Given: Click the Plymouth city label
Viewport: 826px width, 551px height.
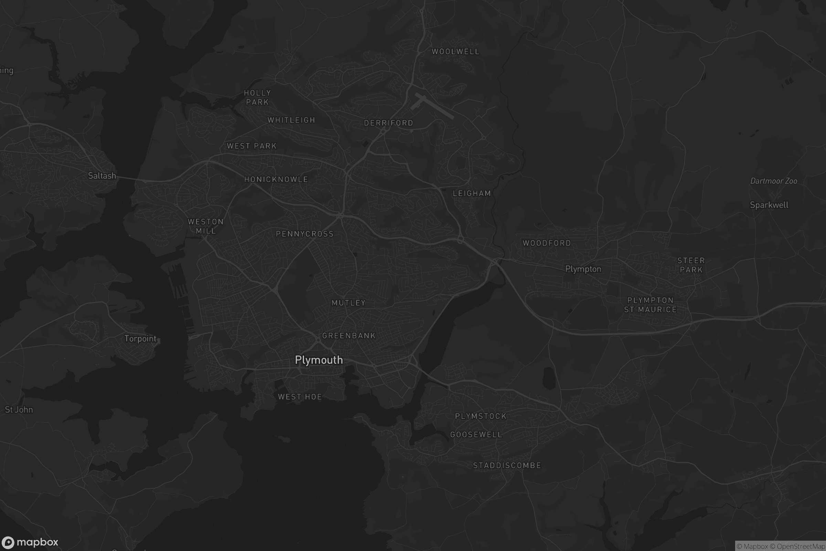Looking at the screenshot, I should pyautogui.click(x=319, y=360).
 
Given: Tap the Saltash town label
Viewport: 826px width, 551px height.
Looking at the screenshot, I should pyautogui.click(x=102, y=176).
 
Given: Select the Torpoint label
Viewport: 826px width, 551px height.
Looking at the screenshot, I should pyautogui.click(x=140, y=339).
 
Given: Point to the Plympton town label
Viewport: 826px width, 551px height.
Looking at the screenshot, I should pyautogui.click(x=583, y=269).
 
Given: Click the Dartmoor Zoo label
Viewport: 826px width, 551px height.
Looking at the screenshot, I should pyautogui.click(x=773, y=181).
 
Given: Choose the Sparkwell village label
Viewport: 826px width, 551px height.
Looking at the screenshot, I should pyautogui.click(x=769, y=205).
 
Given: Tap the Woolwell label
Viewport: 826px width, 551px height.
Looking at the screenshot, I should pyautogui.click(x=455, y=51).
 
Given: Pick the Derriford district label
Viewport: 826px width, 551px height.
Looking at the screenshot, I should pyautogui.click(x=389, y=123).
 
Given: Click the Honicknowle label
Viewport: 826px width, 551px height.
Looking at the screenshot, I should pyautogui.click(x=276, y=179).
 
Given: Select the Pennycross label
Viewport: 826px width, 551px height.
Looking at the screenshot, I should pyautogui.click(x=305, y=234).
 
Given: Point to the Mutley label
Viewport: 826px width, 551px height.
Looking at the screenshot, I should pyautogui.click(x=348, y=303).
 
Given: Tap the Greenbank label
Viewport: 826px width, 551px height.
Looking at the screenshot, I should pyautogui.click(x=349, y=335).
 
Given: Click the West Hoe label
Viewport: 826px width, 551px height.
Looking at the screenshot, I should pyautogui.click(x=299, y=397).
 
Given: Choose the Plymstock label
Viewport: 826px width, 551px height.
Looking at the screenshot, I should pyautogui.click(x=480, y=416).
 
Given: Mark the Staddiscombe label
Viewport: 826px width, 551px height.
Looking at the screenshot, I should pyautogui.click(x=507, y=465).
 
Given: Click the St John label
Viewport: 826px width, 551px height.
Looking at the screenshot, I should pyautogui.click(x=19, y=409).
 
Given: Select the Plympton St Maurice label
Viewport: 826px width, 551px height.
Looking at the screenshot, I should pyautogui.click(x=650, y=305).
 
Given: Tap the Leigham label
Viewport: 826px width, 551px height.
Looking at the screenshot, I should pyautogui.click(x=472, y=193).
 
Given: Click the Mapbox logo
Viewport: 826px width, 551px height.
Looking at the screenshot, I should pyautogui.click(x=30, y=542).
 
